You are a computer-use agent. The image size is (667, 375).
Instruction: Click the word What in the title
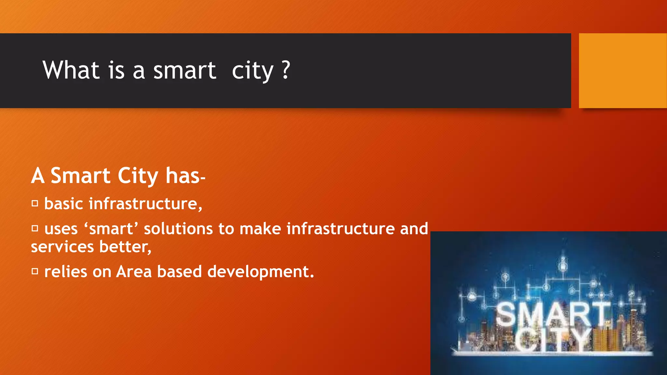71,70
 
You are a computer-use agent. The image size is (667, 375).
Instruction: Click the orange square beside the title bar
622,71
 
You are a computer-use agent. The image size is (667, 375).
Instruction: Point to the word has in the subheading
183,176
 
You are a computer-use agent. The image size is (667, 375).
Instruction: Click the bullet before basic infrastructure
35,204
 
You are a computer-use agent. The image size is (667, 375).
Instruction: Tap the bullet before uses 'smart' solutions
35,229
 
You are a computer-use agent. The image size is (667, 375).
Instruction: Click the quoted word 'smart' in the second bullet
111,229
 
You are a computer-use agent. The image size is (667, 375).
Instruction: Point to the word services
62,247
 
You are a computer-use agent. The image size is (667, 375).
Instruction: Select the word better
125,247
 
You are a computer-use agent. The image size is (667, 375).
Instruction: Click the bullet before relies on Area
35,271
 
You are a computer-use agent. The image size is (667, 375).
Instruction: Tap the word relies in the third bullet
66,271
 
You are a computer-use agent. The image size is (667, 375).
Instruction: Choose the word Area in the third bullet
134,271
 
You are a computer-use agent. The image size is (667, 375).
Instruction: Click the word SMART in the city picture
553,314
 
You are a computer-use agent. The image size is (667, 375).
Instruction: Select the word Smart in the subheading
80,176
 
